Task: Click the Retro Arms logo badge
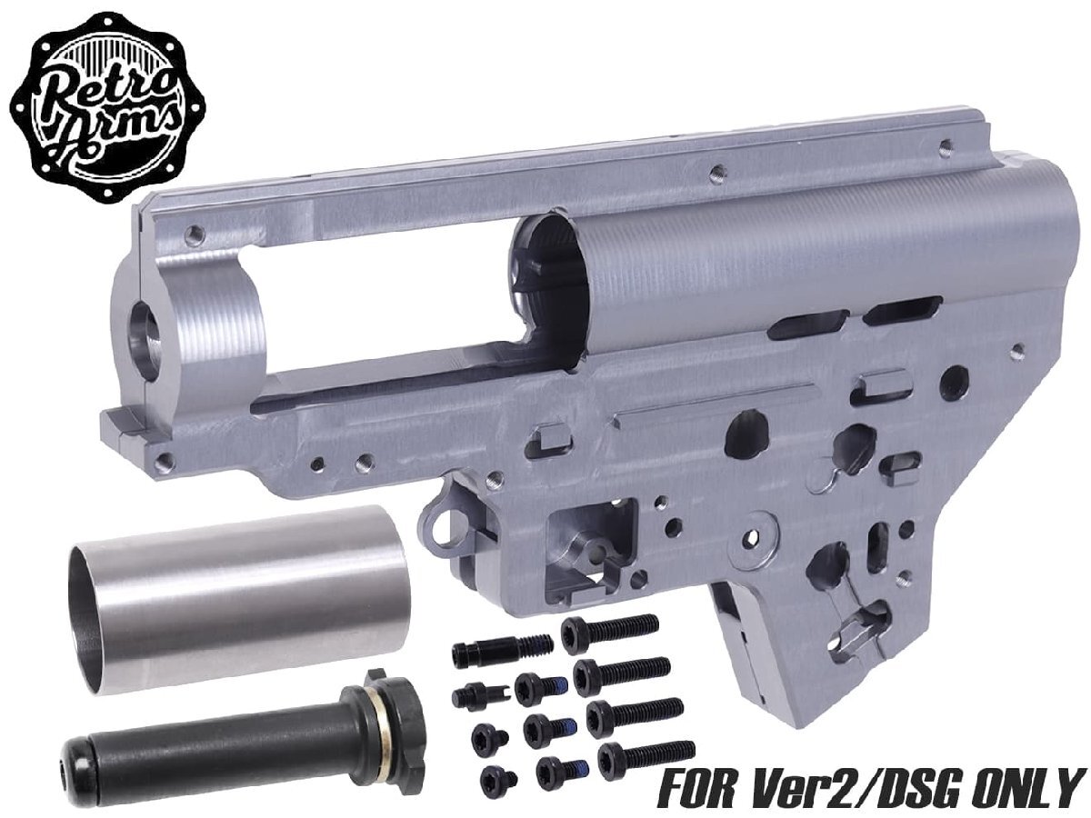point(106,107)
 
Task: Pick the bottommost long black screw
point(646,753)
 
